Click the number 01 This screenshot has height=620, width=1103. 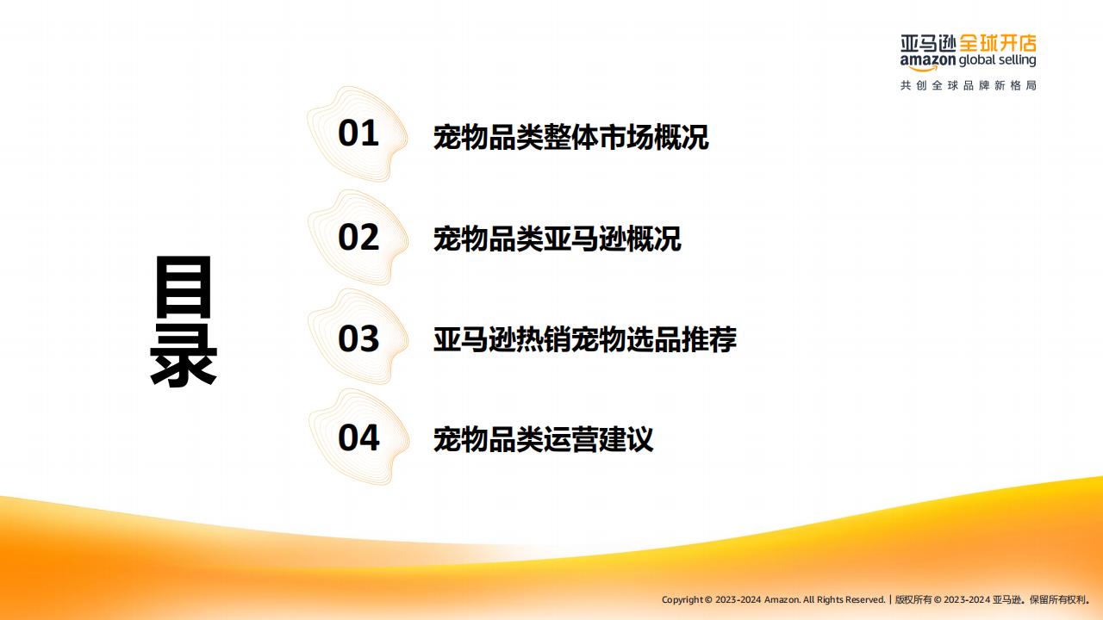(358, 133)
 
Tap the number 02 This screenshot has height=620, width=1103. (358, 237)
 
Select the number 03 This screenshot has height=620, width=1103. (358, 338)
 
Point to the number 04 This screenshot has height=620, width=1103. (358, 437)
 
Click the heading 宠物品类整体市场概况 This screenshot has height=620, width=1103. (570, 137)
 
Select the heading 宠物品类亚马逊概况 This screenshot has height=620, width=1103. (557, 239)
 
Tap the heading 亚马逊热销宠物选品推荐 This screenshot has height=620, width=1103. (585, 339)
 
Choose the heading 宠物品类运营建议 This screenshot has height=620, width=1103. (543, 439)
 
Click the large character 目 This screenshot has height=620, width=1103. (184, 287)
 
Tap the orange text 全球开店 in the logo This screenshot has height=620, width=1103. (998, 43)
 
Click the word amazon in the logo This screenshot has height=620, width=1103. (928, 61)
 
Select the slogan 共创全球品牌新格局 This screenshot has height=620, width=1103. (969, 85)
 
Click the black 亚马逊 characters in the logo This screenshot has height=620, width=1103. (928, 43)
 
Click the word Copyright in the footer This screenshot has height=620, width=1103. (682, 600)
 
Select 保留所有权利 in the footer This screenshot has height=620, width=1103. (1058, 600)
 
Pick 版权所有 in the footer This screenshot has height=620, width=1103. (913, 600)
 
